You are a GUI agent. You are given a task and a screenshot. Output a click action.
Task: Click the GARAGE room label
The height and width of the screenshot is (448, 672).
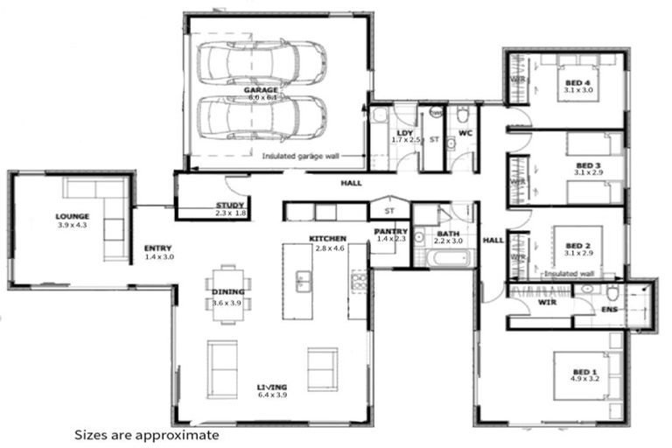click(262, 89)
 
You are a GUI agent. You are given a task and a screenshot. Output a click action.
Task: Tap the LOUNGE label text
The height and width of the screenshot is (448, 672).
click(73, 215)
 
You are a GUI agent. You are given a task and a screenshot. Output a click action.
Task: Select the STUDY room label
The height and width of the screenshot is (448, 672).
click(230, 206)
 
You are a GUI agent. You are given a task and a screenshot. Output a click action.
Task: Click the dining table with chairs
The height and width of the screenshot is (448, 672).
click(227, 294)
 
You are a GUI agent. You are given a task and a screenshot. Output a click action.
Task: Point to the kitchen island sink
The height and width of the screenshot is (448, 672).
click(304, 281)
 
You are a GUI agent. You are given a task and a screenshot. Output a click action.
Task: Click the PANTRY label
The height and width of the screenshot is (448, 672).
click(390, 231)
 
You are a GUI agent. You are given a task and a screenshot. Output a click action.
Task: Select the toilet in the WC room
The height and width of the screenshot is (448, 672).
click(463, 114)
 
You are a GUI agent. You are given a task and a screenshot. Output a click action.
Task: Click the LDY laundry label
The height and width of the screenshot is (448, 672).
click(405, 133)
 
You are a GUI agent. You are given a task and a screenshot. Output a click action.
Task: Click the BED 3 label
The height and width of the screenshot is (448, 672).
click(588, 165)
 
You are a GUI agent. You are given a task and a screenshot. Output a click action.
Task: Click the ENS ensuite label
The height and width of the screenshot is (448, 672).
click(610, 310)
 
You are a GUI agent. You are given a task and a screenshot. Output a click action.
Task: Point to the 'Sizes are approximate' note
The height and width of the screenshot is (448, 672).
click(145, 434)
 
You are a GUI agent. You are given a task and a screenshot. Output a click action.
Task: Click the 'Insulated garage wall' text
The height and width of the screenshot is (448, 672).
click(302, 157)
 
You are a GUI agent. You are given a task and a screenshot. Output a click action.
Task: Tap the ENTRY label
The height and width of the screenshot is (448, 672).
click(157, 248)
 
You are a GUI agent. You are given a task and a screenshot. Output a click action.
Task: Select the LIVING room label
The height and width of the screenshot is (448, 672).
click(271, 387)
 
